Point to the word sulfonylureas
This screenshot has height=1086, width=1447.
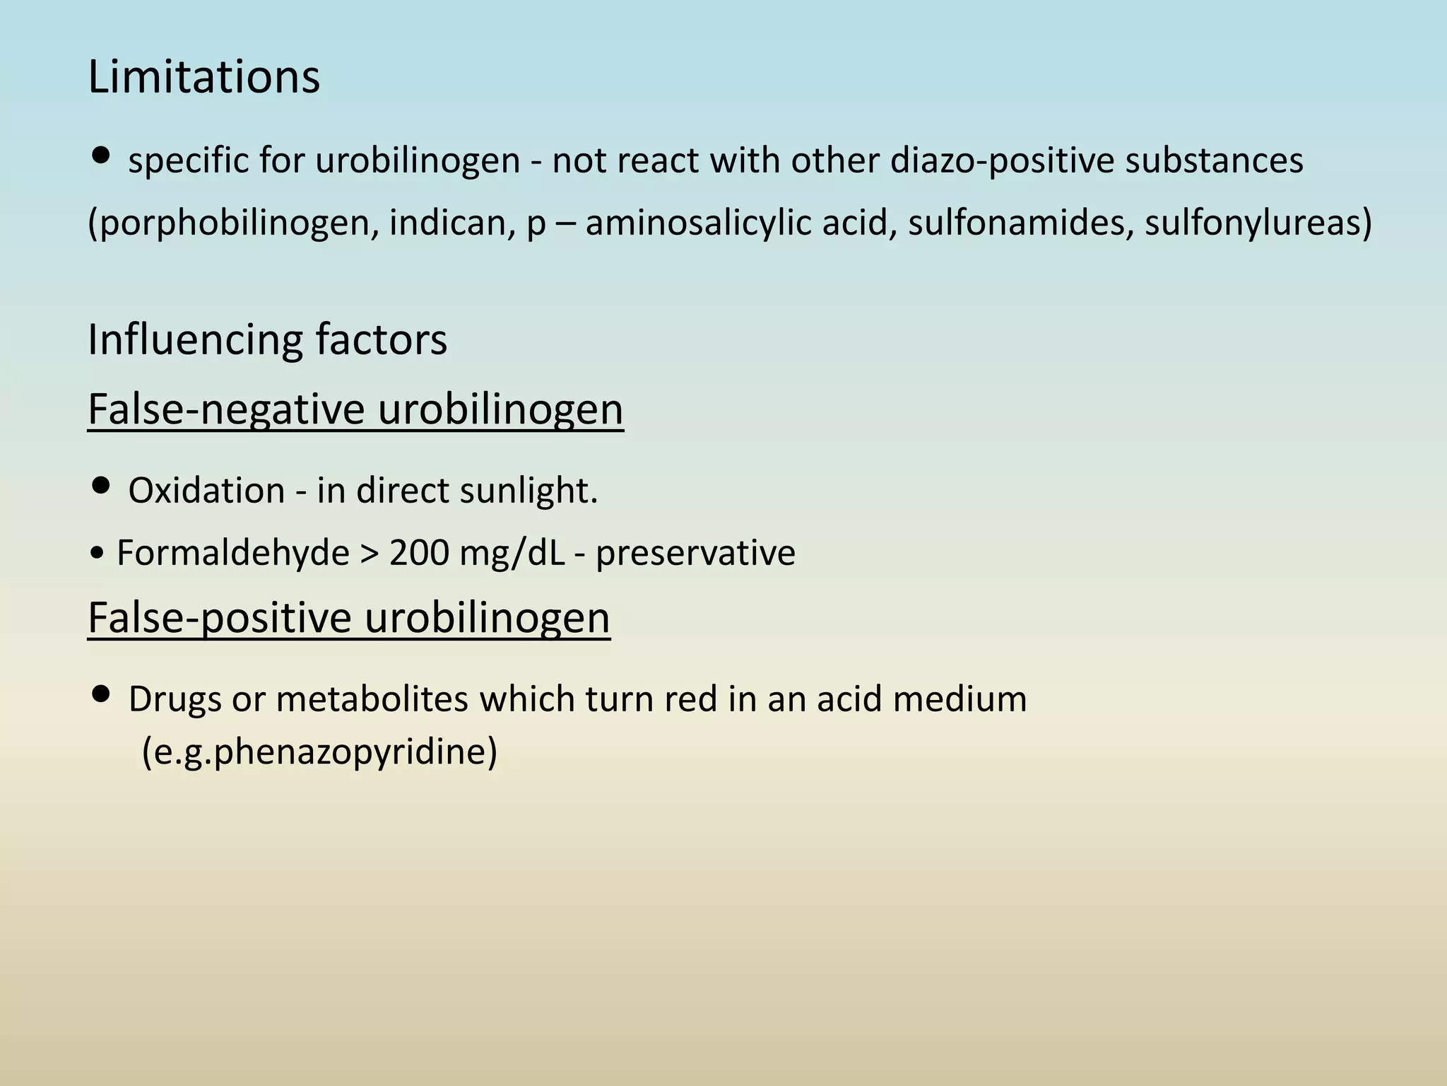click(1252, 223)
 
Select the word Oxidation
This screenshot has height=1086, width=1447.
click(206, 490)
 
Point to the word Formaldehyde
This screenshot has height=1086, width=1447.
click(232, 552)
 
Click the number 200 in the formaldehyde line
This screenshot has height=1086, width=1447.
click(419, 552)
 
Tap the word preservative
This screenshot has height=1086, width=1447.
click(695, 552)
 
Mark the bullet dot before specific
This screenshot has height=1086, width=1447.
click(101, 155)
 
